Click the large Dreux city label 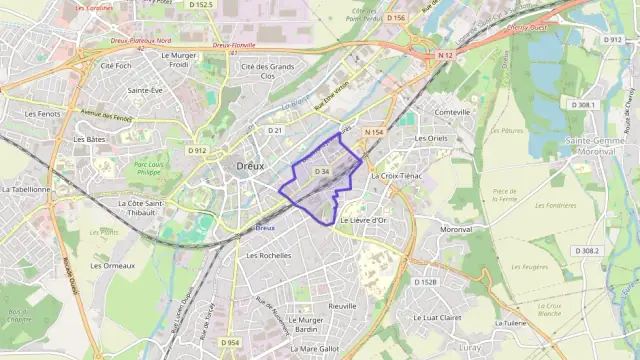point(250,167)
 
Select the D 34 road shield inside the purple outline point(322,172)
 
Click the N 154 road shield point(374,132)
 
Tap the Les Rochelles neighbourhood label point(268,255)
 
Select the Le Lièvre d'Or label point(364,220)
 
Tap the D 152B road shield point(426,282)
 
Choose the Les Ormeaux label point(112,266)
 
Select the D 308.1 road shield point(584,104)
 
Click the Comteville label point(452,112)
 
